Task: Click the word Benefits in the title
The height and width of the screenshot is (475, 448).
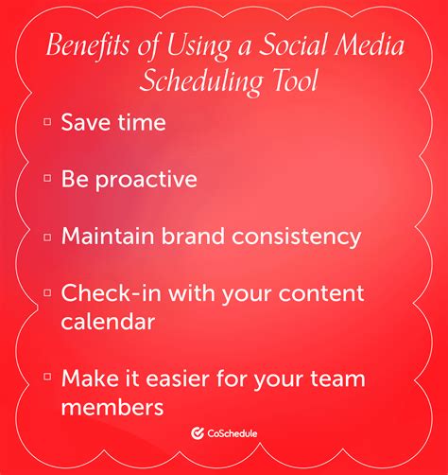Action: (x=88, y=44)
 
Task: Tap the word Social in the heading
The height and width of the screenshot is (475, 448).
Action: (x=294, y=44)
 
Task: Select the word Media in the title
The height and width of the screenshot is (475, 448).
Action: (x=370, y=44)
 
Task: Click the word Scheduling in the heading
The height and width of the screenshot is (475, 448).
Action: (x=201, y=80)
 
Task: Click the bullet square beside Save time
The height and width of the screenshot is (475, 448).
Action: (x=47, y=122)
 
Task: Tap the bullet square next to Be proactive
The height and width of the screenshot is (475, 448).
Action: (x=47, y=179)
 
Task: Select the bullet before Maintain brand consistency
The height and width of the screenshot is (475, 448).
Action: (x=47, y=237)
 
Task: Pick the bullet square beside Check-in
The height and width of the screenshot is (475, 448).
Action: (x=47, y=293)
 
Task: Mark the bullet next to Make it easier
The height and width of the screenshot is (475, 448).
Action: (x=47, y=377)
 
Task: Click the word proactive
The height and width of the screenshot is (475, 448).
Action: (x=146, y=180)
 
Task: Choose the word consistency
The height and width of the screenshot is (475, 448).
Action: (x=296, y=237)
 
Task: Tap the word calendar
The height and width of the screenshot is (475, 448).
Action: (x=108, y=322)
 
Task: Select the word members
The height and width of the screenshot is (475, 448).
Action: (x=112, y=407)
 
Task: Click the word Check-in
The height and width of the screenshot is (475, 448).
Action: (x=112, y=292)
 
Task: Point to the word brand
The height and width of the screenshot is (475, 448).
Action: (x=193, y=236)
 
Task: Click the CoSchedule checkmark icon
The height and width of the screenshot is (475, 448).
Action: (x=198, y=433)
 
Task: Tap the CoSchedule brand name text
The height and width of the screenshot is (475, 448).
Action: (x=233, y=433)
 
